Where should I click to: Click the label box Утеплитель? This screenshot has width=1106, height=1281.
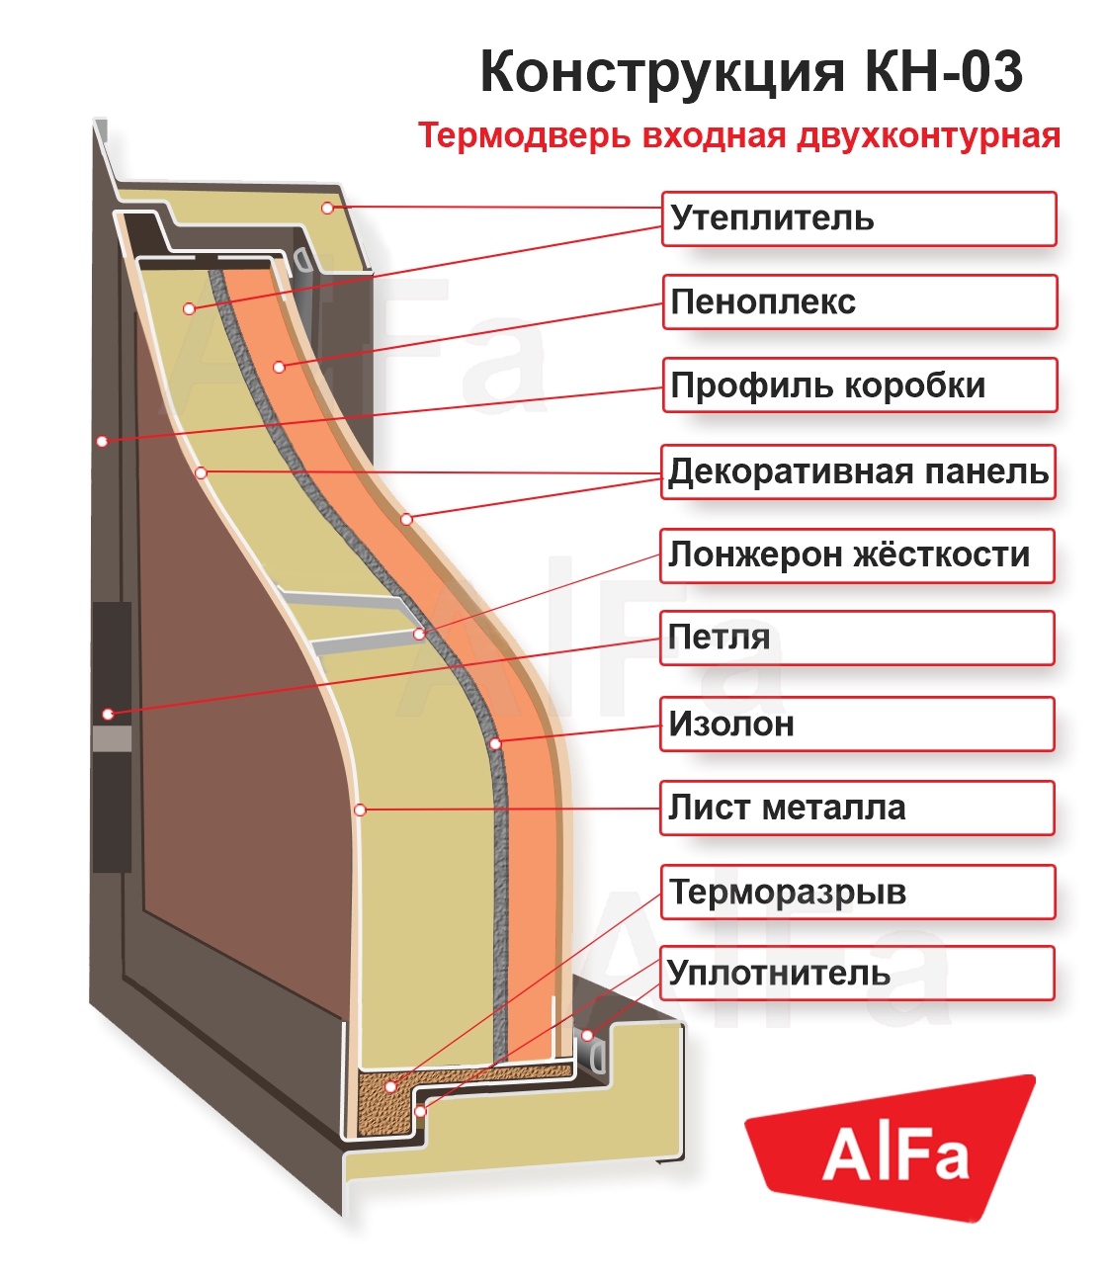[x=858, y=218]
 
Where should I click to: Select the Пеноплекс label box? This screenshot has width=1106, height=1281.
[x=858, y=301]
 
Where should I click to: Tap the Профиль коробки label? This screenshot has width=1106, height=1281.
[x=858, y=385]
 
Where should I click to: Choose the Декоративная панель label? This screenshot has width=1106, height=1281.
[x=858, y=471]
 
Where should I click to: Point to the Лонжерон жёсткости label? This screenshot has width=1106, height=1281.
[x=856, y=555]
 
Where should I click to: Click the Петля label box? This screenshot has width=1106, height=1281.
[x=856, y=638]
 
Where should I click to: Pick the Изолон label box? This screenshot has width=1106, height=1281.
[x=856, y=725]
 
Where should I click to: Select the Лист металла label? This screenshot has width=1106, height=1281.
[x=856, y=808]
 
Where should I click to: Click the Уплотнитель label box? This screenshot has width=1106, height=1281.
[x=856, y=974]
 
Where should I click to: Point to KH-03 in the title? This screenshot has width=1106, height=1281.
[x=944, y=72]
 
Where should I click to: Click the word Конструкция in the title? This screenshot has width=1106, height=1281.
[x=662, y=72]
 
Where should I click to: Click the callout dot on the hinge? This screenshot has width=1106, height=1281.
[x=108, y=714]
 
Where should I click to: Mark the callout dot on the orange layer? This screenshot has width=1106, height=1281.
[x=279, y=367]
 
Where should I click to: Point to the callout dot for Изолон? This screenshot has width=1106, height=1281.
[x=495, y=743]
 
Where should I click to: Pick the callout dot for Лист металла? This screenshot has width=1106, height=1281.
[x=361, y=810]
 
